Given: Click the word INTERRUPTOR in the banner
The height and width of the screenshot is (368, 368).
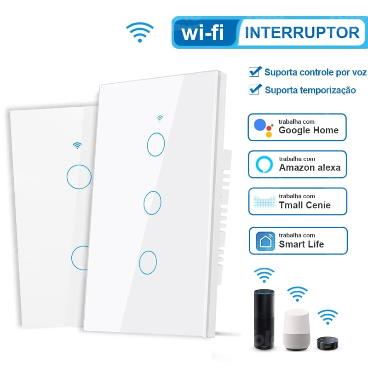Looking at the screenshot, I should tap(302, 32).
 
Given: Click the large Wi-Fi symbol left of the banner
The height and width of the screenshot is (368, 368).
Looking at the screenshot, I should tap(140, 31).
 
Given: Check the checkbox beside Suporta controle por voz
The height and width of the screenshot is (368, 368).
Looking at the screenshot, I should tap(254, 72).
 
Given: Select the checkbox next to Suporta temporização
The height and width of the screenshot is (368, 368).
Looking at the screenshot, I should tap(254, 89).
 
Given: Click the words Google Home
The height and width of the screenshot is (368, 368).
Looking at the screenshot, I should tap(308, 130).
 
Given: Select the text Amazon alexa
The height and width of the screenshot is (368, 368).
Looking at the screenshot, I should tap(310, 167).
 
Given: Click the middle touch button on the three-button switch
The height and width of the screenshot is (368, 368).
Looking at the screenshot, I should tap(152, 202).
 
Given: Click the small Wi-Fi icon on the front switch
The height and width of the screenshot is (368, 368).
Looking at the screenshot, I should tap(160, 119).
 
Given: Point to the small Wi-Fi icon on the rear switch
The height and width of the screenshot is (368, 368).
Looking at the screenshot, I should tap(77, 146).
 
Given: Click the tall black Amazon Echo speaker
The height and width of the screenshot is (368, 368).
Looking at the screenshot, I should tap(264, 318).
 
